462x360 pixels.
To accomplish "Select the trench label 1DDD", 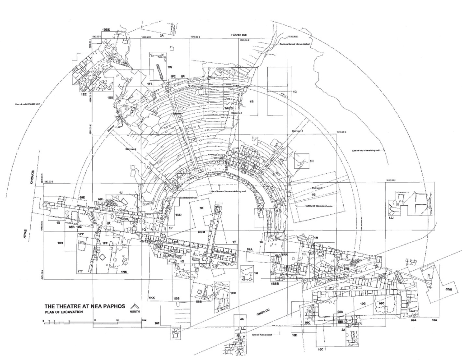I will (x=106, y=30).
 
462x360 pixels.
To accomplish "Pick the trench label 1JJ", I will (x=391, y=217).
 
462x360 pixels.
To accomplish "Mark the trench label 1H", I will (x=311, y=161).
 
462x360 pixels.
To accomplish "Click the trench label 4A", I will (x=242, y=319).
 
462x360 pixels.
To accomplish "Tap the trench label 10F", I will (x=157, y=323).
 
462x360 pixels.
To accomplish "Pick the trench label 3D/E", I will (x=449, y=289).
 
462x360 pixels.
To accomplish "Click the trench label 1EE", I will (x=84, y=95).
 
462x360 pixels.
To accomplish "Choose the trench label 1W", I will (x=170, y=67).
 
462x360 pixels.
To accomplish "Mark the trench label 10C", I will (x=321, y=350).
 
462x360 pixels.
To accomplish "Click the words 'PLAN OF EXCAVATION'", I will (x=61, y=312).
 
